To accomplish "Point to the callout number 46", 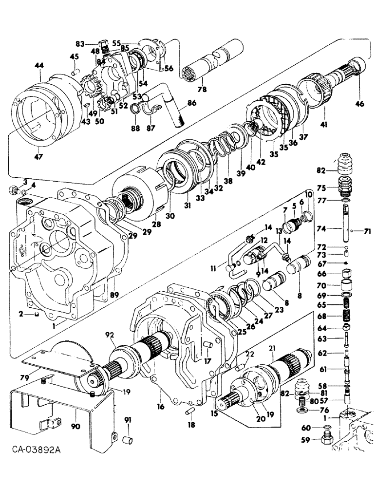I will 359,104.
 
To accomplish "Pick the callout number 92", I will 110,336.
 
